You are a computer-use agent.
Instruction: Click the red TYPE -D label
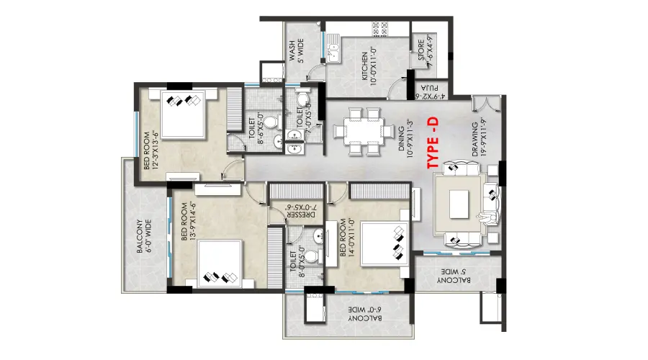pos(432,143)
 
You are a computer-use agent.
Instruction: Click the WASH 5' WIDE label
pos(297,50)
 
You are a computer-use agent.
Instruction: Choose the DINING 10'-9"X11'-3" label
pos(405,138)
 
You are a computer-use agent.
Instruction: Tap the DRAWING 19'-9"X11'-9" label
pos(479,138)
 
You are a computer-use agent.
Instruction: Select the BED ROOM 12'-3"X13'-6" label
pos(150,150)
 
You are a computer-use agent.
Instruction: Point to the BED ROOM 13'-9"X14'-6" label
pos(188,221)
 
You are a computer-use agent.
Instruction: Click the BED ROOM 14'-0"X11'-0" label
pos(347,238)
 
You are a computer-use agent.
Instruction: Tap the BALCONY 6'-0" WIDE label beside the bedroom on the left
pos(144,236)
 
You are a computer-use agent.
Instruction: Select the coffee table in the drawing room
pos(459,204)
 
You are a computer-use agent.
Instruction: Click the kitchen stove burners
pos(380,30)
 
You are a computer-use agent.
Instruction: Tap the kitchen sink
pos(333,49)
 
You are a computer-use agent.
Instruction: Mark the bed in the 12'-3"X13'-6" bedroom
pos(183,113)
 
